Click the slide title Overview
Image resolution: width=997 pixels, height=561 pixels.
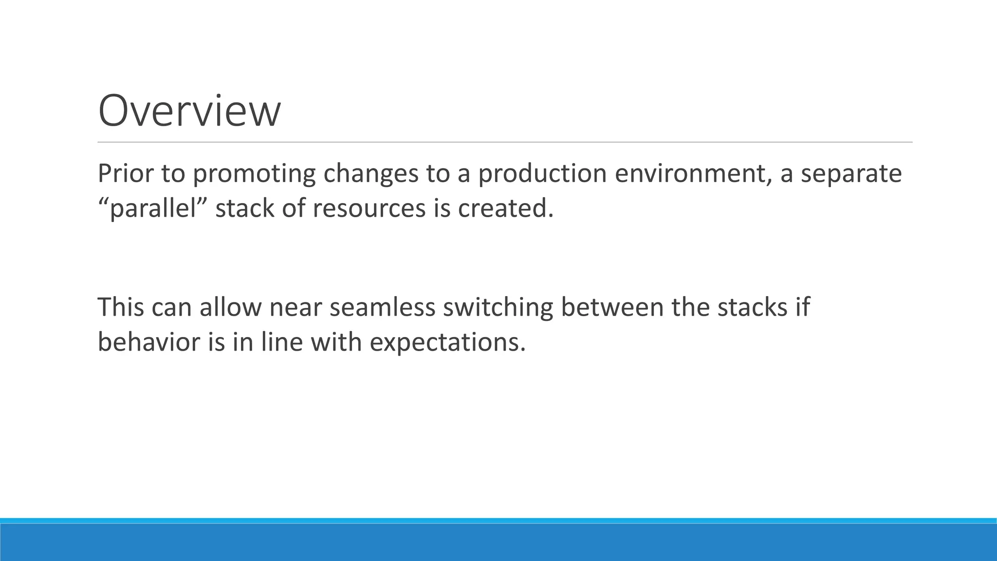coord(189,112)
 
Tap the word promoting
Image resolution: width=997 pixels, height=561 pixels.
coord(254,174)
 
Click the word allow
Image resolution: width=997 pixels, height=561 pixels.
coord(231,308)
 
